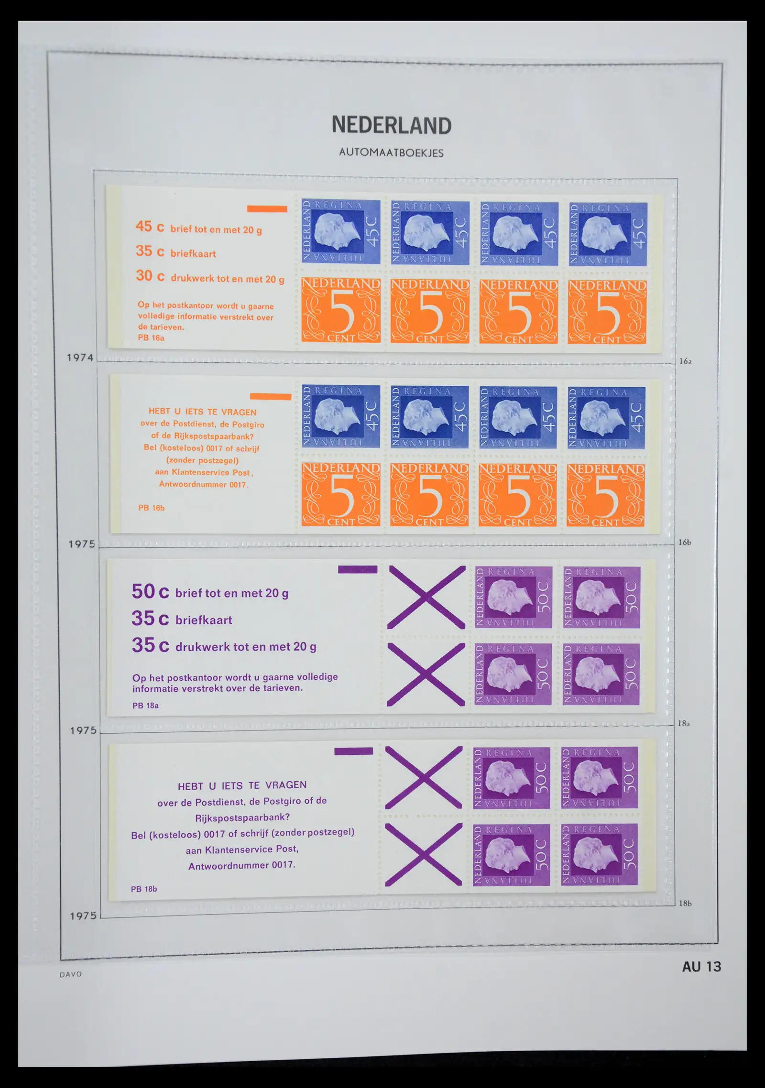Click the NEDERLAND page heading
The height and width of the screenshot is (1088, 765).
click(x=392, y=126)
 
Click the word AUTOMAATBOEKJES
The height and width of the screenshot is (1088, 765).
click(x=391, y=153)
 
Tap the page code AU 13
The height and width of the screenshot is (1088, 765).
click(x=701, y=967)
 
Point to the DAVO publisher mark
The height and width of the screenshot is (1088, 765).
click(x=71, y=974)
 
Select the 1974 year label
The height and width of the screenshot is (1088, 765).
click(x=80, y=358)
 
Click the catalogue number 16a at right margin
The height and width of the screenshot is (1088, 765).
click(x=685, y=361)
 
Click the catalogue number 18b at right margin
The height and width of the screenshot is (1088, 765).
click(x=685, y=903)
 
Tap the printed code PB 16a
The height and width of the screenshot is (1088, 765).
click(x=151, y=338)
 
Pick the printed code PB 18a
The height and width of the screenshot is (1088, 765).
click(x=145, y=706)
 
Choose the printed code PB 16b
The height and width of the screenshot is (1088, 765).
click(x=151, y=508)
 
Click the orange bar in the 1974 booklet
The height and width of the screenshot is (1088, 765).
click(x=267, y=209)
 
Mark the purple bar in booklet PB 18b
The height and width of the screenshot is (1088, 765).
click(x=353, y=751)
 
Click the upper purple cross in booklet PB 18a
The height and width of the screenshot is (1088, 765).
click(x=426, y=597)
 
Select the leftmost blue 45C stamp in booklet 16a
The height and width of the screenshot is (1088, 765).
click(x=341, y=232)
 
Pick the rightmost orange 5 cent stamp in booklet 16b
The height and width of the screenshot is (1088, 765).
click(x=605, y=495)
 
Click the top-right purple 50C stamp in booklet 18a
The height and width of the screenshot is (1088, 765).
click(x=601, y=597)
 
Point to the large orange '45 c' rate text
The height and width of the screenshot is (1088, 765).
click(x=150, y=227)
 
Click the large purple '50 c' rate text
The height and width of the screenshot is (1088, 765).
click(x=150, y=592)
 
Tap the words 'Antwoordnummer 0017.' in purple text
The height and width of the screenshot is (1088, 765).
click(x=241, y=865)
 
